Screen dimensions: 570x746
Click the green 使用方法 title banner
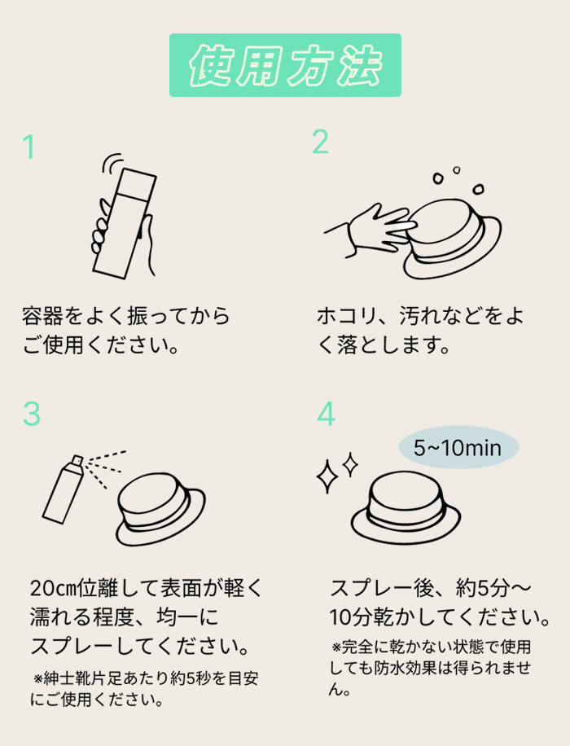point(285,65)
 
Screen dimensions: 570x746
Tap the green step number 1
point(29,147)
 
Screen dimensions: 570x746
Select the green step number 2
point(320,142)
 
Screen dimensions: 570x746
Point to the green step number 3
point(32,414)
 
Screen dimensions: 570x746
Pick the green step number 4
point(326,414)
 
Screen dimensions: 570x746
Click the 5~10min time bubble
point(458,447)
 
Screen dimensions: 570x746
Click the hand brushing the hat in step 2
point(371,230)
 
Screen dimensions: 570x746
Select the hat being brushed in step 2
point(452,239)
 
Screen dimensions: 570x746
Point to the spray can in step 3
point(64,490)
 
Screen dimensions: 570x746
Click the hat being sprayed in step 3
point(160,509)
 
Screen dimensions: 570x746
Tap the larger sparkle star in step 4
point(327,476)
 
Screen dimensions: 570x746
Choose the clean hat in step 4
point(406,509)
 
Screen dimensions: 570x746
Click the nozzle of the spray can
point(77,460)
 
